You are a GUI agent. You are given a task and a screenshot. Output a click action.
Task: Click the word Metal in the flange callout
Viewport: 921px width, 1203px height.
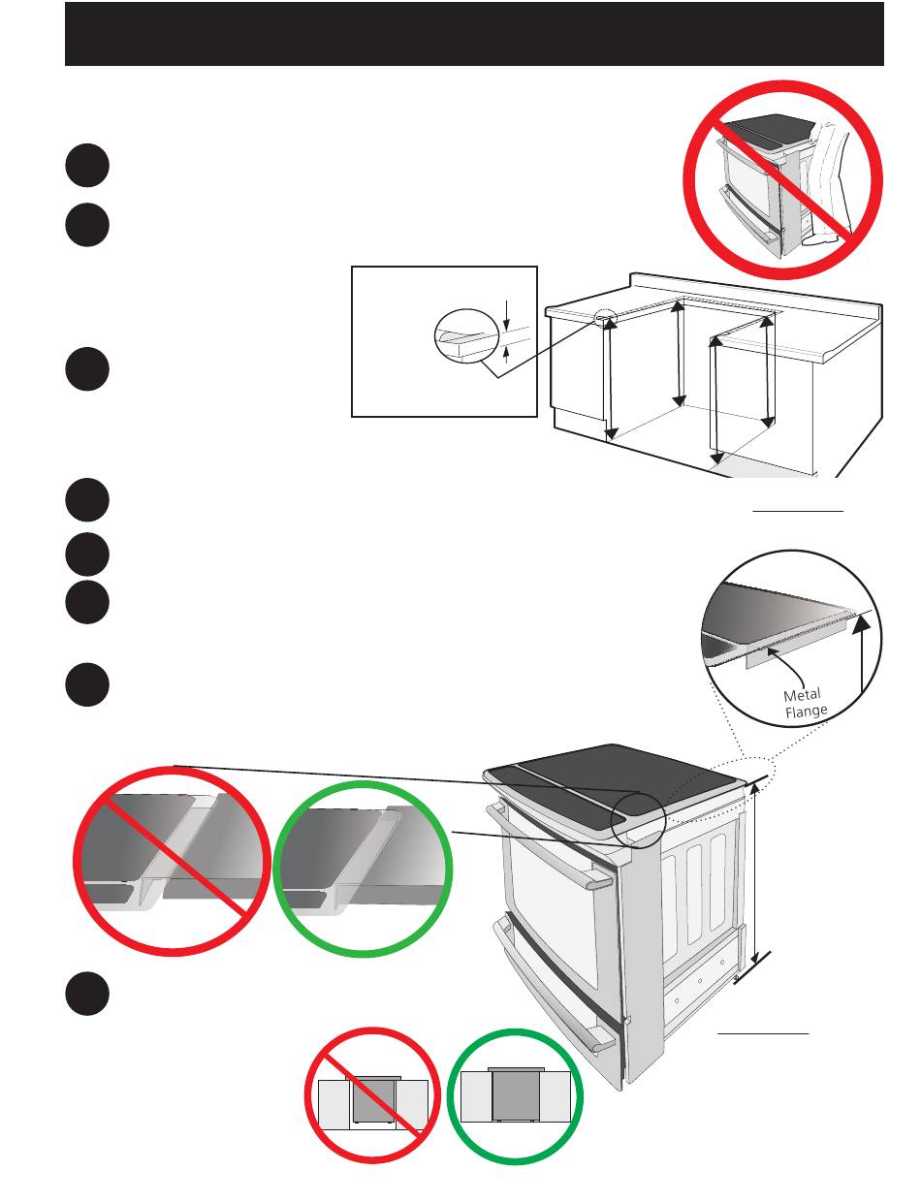pos(802,694)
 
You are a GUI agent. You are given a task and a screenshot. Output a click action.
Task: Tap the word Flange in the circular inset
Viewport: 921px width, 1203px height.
pos(806,711)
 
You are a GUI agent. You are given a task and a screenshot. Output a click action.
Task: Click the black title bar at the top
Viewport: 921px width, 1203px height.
pos(474,34)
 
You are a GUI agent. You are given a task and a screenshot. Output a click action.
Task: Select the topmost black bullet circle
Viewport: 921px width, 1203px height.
pos(87,165)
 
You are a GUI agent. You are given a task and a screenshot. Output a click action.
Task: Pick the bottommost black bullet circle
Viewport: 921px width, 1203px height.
pos(87,994)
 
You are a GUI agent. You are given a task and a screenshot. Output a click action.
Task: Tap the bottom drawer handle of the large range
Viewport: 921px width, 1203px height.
pos(554,1017)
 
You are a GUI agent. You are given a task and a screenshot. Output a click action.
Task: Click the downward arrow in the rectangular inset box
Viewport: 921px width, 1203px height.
pos(506,315)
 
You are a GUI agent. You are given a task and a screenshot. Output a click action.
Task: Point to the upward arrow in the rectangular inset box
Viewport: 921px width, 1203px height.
pos(506,354)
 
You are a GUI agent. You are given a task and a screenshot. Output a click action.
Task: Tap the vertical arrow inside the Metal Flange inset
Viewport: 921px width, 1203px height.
pos(862,655)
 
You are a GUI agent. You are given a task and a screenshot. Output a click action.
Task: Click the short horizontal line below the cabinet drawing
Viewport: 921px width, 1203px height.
pos(798,511)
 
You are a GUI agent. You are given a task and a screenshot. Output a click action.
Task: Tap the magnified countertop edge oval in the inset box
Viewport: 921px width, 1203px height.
pos(466,335)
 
